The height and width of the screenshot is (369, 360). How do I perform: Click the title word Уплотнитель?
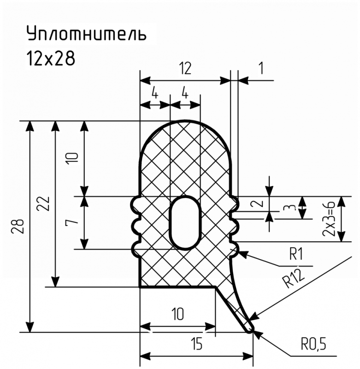pyautogui.click(x=87, y=34)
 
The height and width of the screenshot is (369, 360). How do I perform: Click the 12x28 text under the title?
pyautogui.click(x=51, y=58)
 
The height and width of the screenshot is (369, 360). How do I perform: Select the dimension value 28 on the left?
pyautogui.click(x=18, y=226)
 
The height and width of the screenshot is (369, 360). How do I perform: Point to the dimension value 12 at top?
pyautogui.click(x=185, y=68)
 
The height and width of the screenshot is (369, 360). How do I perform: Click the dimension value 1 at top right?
pyautogui.click(x=261, y=68)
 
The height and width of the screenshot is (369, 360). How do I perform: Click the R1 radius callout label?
pyautogui.click(x=296, y=255)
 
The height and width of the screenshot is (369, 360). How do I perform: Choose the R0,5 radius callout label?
pyautogui.click(x=314, y=345)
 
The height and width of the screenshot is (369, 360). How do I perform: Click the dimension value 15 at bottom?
pyautogui.click(x=197, y=344)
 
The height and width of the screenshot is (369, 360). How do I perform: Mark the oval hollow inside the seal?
pyautogui.click(x=185, y=222)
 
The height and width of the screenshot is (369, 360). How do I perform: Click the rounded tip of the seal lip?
pyautogui.click(x=251, y=329)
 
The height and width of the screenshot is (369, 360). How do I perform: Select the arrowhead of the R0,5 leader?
pyautogui.click(x=257, y=334)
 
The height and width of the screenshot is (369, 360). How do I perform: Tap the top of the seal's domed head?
pyautogui.click(x=185, y=121)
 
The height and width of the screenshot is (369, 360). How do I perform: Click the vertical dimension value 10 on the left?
pyautogui.click(x=73, y=159)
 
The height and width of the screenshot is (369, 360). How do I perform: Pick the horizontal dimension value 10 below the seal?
pyautogui.click(x=178, y=314)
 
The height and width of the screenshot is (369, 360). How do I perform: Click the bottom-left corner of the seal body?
pyautogui.click(x=141, y=287)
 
